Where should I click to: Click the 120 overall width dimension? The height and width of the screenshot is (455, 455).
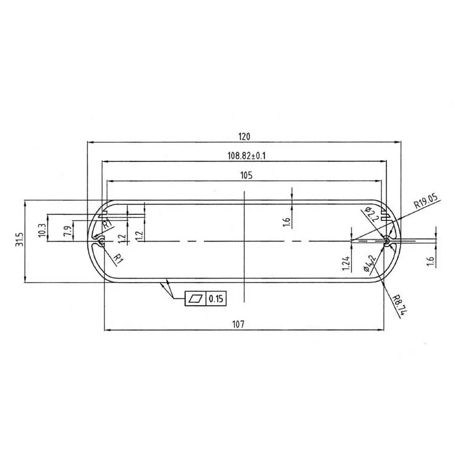pyautogui.click(x=244, y=136)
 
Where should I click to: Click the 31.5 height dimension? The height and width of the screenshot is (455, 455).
pyautogui.click(x=19, y=240)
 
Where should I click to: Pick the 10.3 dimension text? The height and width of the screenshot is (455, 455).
pyautogui.click(x=41, y=228)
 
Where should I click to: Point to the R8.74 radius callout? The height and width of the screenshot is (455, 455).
pyautogui.click(x=398, y=306)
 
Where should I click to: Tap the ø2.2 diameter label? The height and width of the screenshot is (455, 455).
pyautogui.click(x=372, y=214)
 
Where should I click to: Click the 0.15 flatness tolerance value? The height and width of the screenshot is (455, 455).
pyautogui.click(x=216, y=298)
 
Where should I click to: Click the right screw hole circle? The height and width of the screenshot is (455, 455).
pyautogui.click(x=387, y=241)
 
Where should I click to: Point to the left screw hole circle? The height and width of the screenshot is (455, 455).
pyautogui.click(x=101, y=241)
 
